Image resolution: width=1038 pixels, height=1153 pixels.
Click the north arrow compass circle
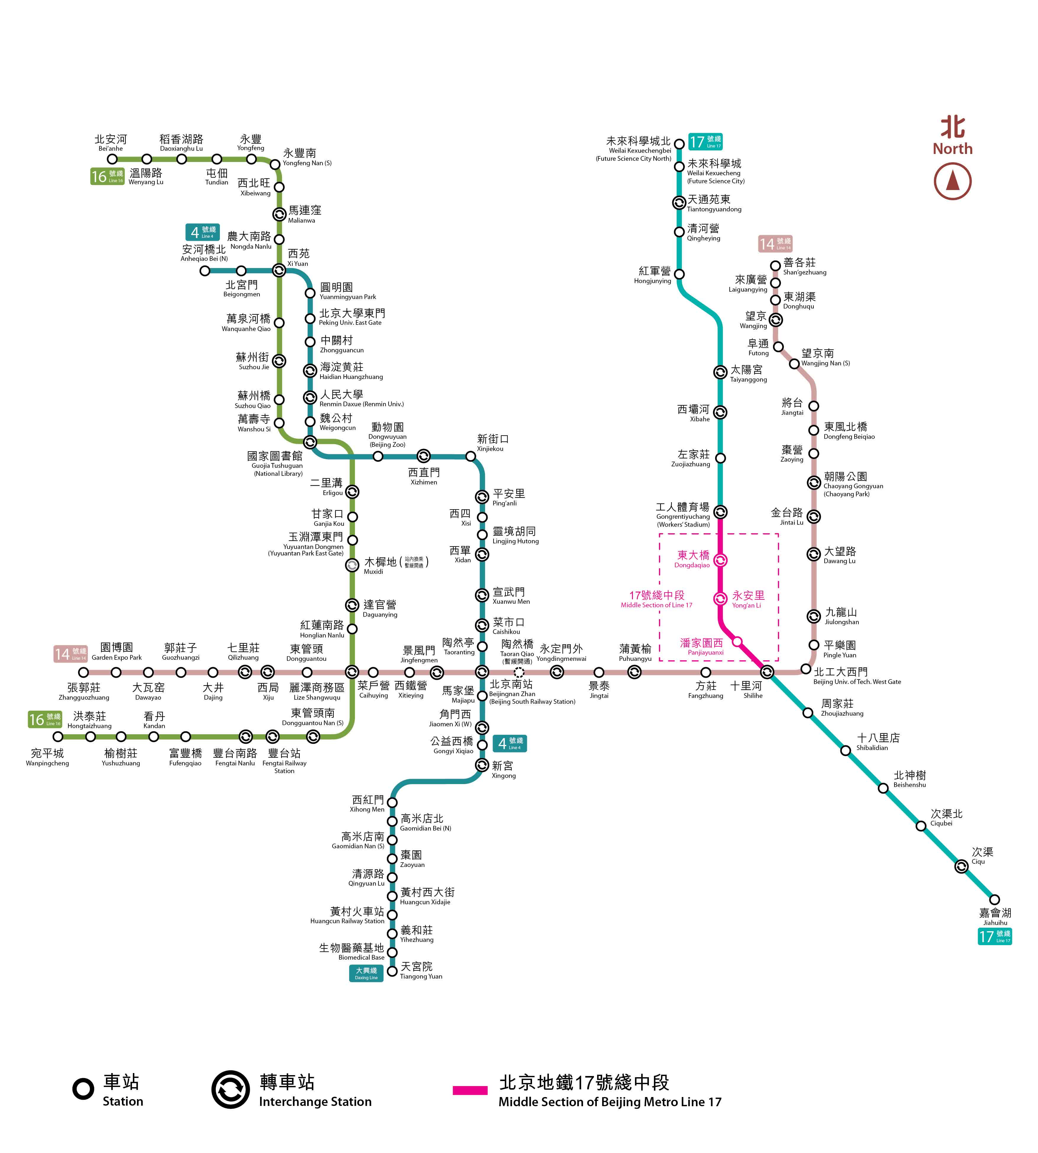952,181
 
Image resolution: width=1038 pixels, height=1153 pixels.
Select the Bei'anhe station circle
112,159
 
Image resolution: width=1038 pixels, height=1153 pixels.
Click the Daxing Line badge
366,973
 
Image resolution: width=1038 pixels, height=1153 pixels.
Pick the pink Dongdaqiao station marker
720,561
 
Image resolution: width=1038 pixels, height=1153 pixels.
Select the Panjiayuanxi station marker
737,642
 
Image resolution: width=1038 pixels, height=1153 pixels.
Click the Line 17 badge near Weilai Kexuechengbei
705,142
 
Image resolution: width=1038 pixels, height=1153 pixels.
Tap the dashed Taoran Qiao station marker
519,672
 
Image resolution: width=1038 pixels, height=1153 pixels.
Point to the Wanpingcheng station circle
58,737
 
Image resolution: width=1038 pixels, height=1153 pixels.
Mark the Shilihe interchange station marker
767,672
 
